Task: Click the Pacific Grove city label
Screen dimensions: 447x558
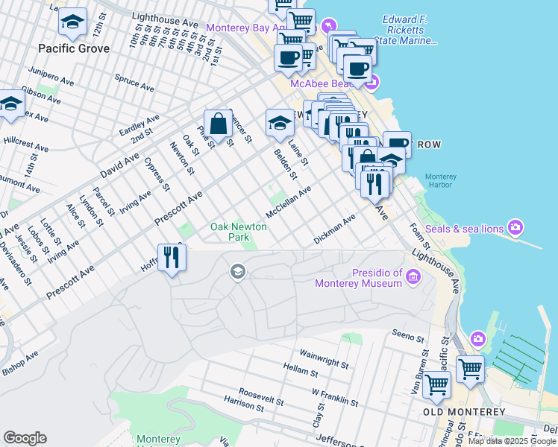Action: coord(75,48)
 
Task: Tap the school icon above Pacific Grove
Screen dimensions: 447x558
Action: coord(72,22)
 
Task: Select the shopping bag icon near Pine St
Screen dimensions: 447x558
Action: coord(218,124)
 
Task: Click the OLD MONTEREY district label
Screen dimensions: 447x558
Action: coord(463,412)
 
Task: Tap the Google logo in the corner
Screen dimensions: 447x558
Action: coord(25,438)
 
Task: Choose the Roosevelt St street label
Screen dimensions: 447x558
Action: coord(261,395)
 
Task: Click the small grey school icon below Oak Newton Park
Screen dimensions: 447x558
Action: coord(237,270)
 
